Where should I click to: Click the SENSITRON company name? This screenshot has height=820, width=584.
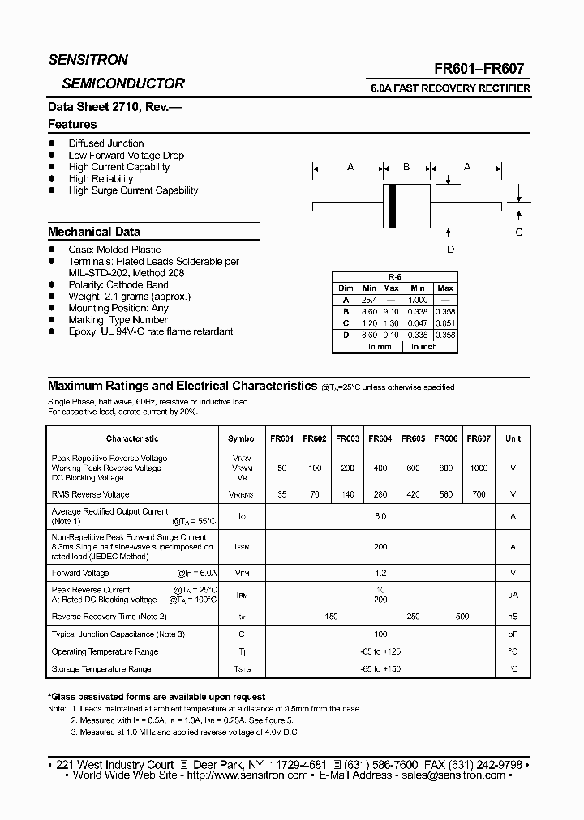click(x=88, y=60)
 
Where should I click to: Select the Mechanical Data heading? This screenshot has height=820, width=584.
click(x=93, y=232)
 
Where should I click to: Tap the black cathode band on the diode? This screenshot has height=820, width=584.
click(x=393, y=206)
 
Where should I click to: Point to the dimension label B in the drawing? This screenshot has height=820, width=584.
click(x=406, y=167)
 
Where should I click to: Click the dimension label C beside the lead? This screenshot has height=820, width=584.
click(x=519, y=232)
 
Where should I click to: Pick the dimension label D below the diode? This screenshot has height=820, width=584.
click(x=450, y=250)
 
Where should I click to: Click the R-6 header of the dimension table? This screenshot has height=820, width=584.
click(x=395, y=277)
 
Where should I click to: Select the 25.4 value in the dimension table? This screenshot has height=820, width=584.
click(x=369, y=299)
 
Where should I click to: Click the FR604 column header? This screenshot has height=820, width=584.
click(x=380, y=438)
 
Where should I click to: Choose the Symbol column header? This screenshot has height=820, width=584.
click(x=242, y=438)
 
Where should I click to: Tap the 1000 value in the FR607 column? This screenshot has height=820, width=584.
click(x=479, y=468)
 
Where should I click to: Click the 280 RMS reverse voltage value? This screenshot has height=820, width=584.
click(x=380, y=494)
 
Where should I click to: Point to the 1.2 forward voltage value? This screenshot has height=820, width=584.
click(x=380, y=573)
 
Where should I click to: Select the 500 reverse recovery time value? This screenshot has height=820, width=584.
click(x=462, y=617)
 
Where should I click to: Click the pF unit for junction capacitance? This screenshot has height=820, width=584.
click(x=513, y=634)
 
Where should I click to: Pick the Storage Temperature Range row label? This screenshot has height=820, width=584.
click(x=101, y=669)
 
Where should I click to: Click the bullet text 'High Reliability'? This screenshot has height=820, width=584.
click(x=101, y=179)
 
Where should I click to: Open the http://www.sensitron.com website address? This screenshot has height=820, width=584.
click(x=244, y=775)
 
